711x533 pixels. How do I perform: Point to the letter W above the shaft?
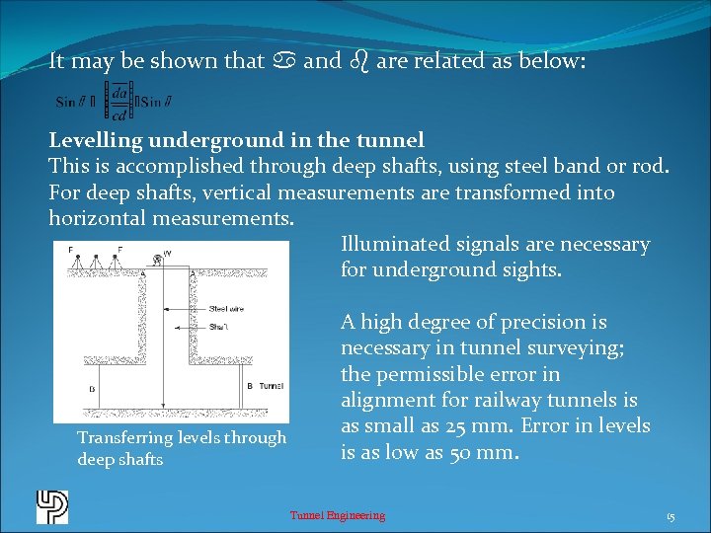click(167, 254)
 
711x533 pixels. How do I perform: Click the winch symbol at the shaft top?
click(157, 260)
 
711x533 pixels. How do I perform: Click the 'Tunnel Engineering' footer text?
click(337, 515)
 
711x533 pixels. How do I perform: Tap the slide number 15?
click(671, 515)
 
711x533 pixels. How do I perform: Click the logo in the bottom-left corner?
click(51, 506)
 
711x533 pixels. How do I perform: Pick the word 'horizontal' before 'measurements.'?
click(99, 218)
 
